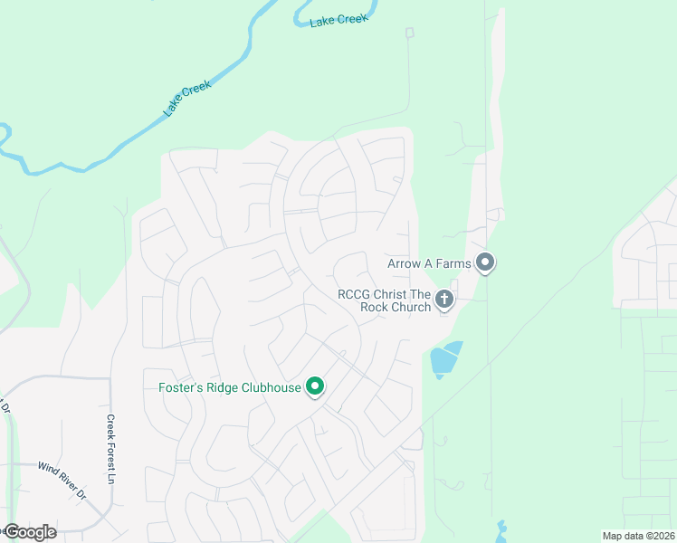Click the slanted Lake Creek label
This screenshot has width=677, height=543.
click(x=187, y=99)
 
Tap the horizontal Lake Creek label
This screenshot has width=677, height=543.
click(x=339, y=20)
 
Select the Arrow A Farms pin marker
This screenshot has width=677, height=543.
click(x=485, y=263)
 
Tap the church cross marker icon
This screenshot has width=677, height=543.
click(x=443, y=299)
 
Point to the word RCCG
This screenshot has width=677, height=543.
click(x=354, y=294)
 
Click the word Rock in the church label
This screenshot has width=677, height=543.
click(x=376, y=307)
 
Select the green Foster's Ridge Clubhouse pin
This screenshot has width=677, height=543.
click(x=315, y=386)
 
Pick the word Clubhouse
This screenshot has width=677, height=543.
click(x=270, y=389)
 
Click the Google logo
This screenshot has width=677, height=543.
click(x=30, y=531)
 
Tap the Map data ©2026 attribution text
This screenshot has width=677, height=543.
click(x=638, y=536)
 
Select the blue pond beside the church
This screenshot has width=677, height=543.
click(x=445, y=359)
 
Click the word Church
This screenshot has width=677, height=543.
click(x=411, y=307)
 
